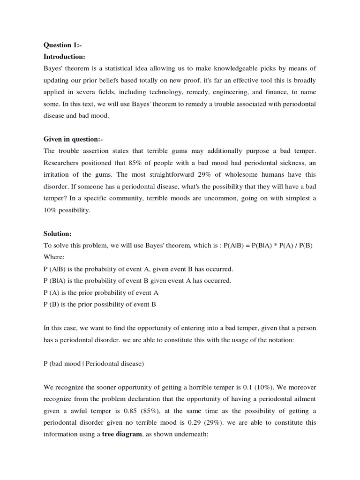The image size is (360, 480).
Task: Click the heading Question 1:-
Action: point(62,45)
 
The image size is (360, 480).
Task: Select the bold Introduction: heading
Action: point(64,57)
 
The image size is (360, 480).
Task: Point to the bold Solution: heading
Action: point(58,233)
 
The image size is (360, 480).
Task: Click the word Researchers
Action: point(63,163)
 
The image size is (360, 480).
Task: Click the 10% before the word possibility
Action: point(51,210)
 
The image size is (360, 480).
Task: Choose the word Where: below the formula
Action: point(53,257)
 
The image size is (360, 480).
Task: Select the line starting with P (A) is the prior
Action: point(101,292)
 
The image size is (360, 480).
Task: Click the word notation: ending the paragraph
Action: point(279,340)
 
